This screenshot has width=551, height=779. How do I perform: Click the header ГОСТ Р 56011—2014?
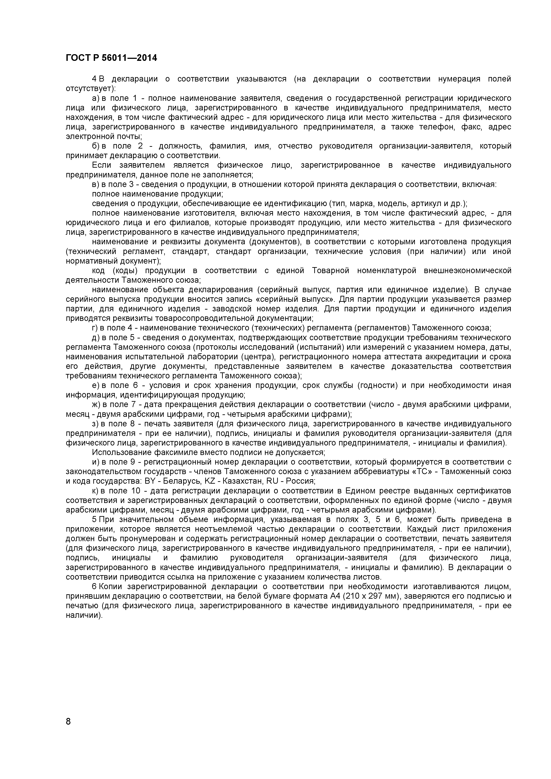click(111, 58)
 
